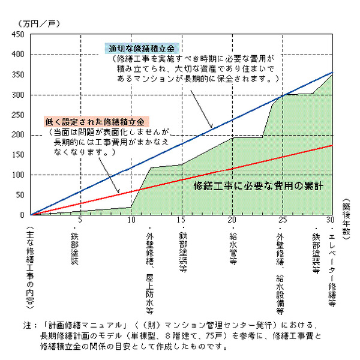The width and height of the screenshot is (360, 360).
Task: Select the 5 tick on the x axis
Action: point(80,220)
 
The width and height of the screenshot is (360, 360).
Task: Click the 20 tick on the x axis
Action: point(232,220)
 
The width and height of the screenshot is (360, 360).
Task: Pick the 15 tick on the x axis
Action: point(182,220)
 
